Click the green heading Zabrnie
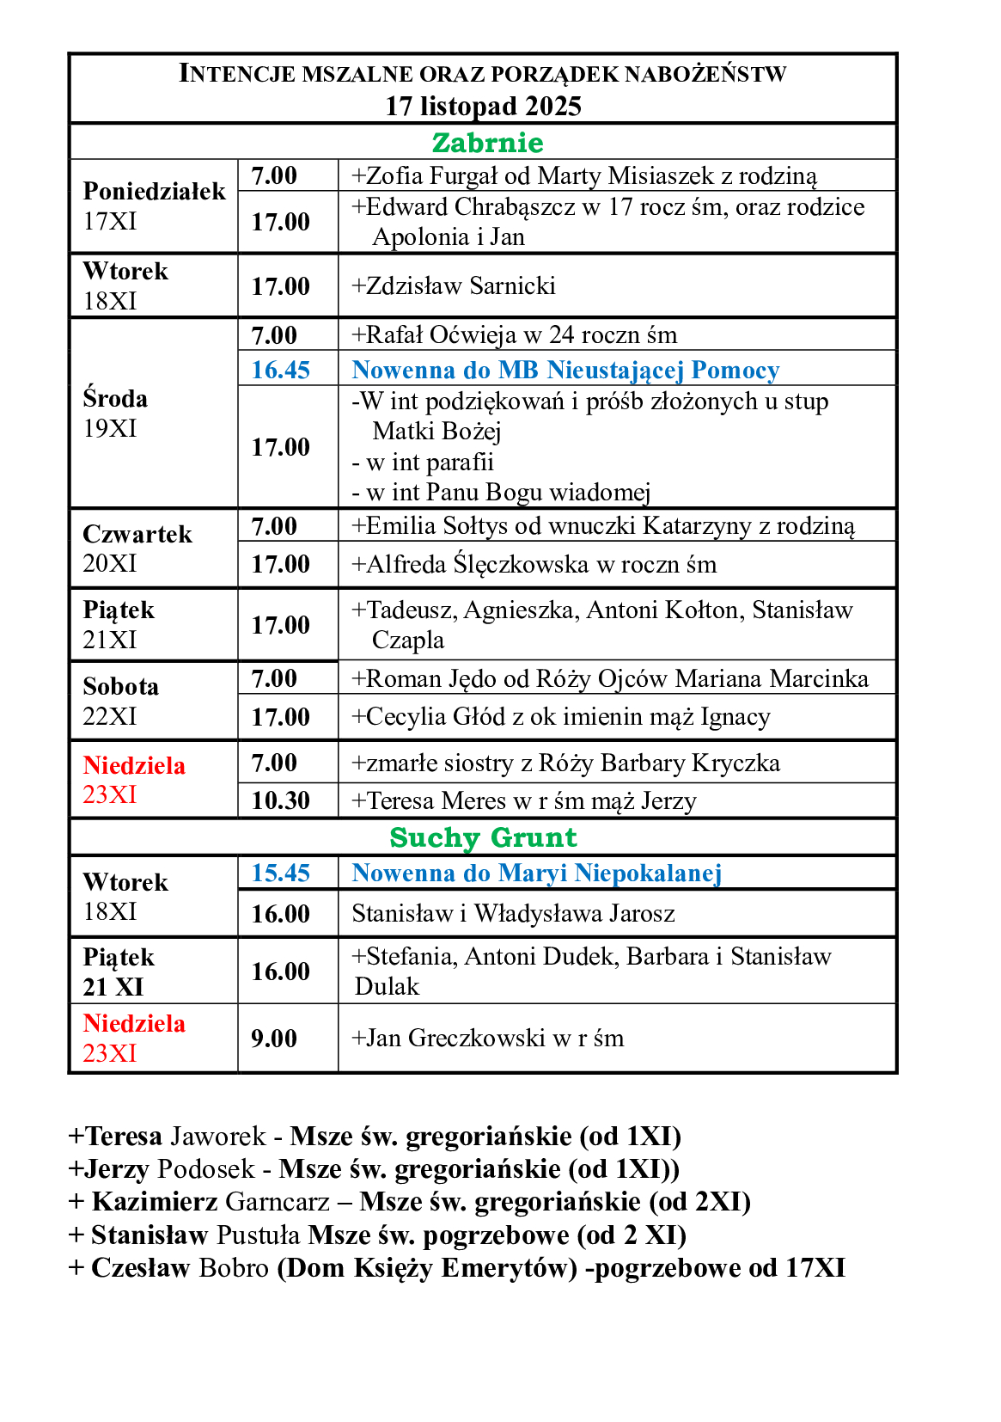point(487,143)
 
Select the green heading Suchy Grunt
point(483,837)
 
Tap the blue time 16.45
point(280,370)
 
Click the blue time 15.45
point(280,873)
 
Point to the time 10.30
point(280,800)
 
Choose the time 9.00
point(274,1039)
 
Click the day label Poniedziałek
point(154,191)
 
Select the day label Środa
point(115,398)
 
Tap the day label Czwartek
point(137,534)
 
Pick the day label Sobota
point(121,686)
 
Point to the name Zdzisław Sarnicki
point(461,285)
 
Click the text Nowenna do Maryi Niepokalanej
point(536,873)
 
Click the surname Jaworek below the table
point(218,1136)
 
